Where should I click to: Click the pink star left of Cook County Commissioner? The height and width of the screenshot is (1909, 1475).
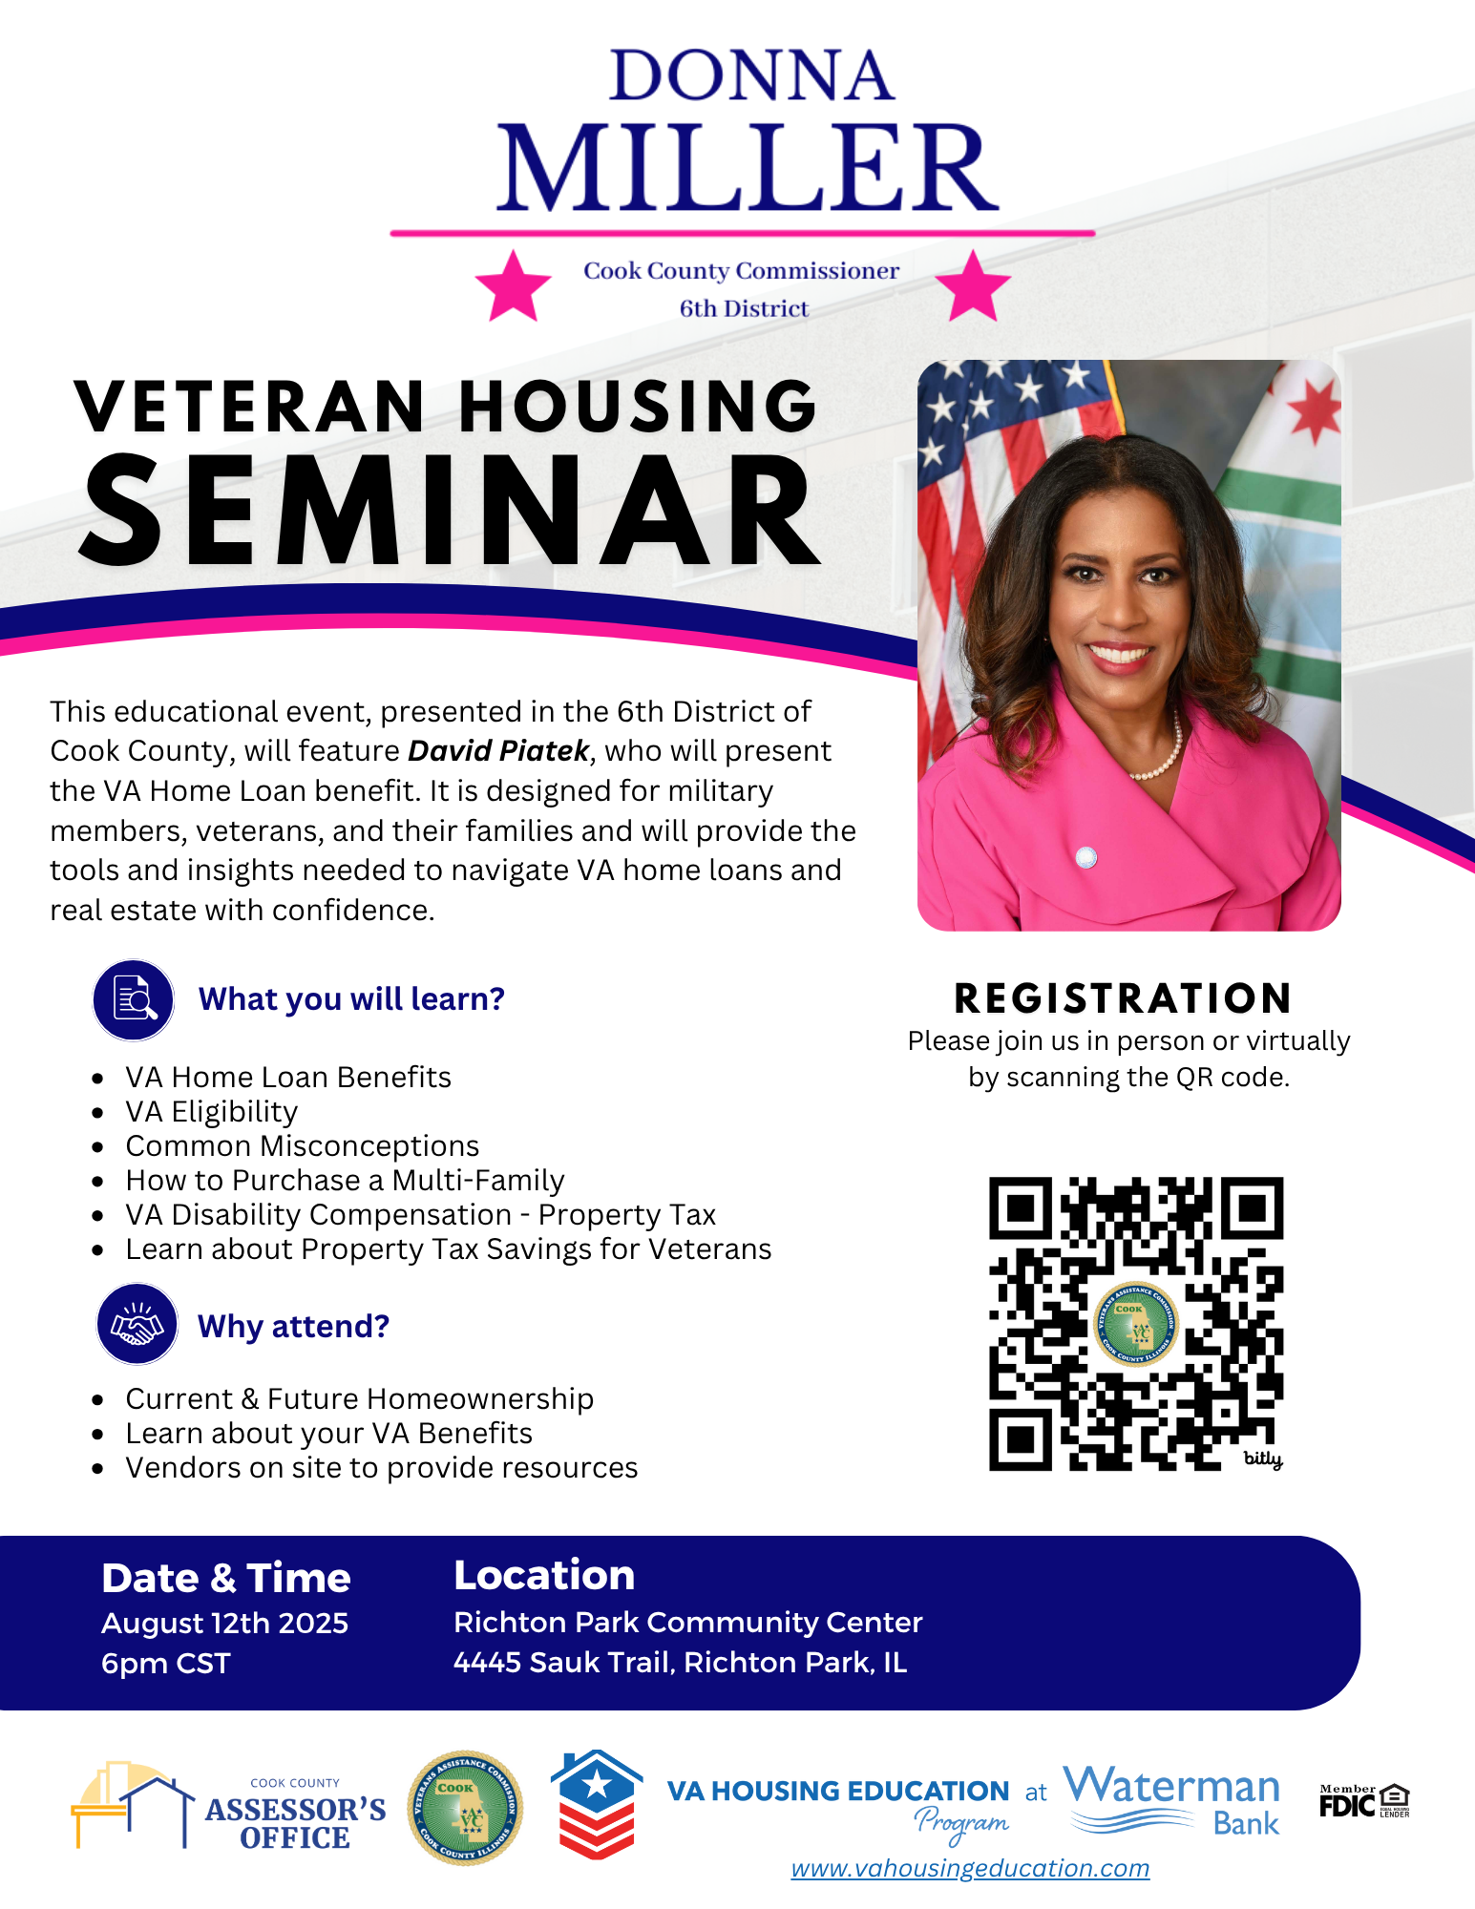click(514, 286)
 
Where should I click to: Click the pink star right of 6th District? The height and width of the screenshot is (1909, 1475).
click(973, 286)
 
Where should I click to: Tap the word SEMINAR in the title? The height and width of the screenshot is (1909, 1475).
click(450, 511)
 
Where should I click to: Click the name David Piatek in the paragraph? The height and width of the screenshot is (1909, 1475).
click(498, 751)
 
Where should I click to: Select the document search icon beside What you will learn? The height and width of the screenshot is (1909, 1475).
click(134, 999)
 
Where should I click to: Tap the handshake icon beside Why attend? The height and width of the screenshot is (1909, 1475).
click(137, 1325)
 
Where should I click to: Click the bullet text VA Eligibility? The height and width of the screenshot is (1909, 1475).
click(212, 1112)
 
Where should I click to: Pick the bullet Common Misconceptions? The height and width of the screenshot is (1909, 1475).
click(303, 1146)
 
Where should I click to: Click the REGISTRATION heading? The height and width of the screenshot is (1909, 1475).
click(1123, 998)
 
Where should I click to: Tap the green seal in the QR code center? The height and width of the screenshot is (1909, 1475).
click(1135, 1324)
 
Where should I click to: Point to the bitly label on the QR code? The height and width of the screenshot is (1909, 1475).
click(1262, 1458)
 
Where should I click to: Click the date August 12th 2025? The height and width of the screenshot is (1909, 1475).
click(225, 1623)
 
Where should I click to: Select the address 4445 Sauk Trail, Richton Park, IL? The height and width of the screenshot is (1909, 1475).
click(680, 1662)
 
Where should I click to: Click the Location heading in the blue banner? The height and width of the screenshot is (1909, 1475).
click(544, 1575)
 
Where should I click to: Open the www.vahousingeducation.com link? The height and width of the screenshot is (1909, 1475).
click(970, 1868)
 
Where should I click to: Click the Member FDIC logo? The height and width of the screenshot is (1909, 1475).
click(1364, 1801)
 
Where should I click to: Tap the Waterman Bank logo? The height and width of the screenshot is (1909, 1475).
click(1171, 1801)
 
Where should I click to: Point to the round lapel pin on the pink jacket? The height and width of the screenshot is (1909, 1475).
click(1085, 857)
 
